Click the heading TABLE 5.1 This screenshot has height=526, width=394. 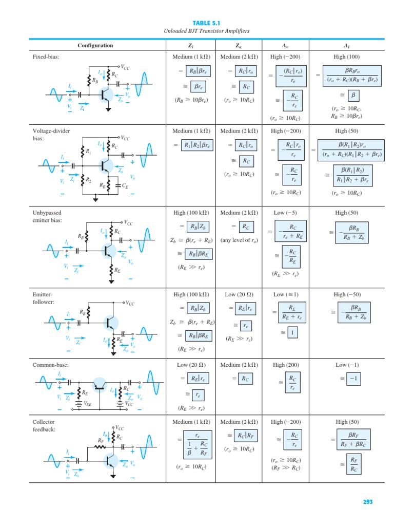tap(205, 23)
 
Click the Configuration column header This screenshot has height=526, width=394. tap(95, 45)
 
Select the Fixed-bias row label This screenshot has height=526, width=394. tap(46, 57)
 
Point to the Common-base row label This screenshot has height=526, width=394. tap(50, 365)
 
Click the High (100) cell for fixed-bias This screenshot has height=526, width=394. tap(347, 57)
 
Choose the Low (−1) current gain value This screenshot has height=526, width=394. tap(347, 365)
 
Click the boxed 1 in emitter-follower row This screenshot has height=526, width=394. tap(291, 333)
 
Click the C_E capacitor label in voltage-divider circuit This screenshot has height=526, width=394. tap(124, 187)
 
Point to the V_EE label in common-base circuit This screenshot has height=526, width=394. tap(88, 404)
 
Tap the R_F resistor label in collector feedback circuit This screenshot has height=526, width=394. tap(101, 440)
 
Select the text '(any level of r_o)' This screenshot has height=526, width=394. tap(239, 240)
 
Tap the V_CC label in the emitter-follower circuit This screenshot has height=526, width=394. tap(132, 303)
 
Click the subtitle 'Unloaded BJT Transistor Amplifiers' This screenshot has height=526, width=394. tap(205, 31)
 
